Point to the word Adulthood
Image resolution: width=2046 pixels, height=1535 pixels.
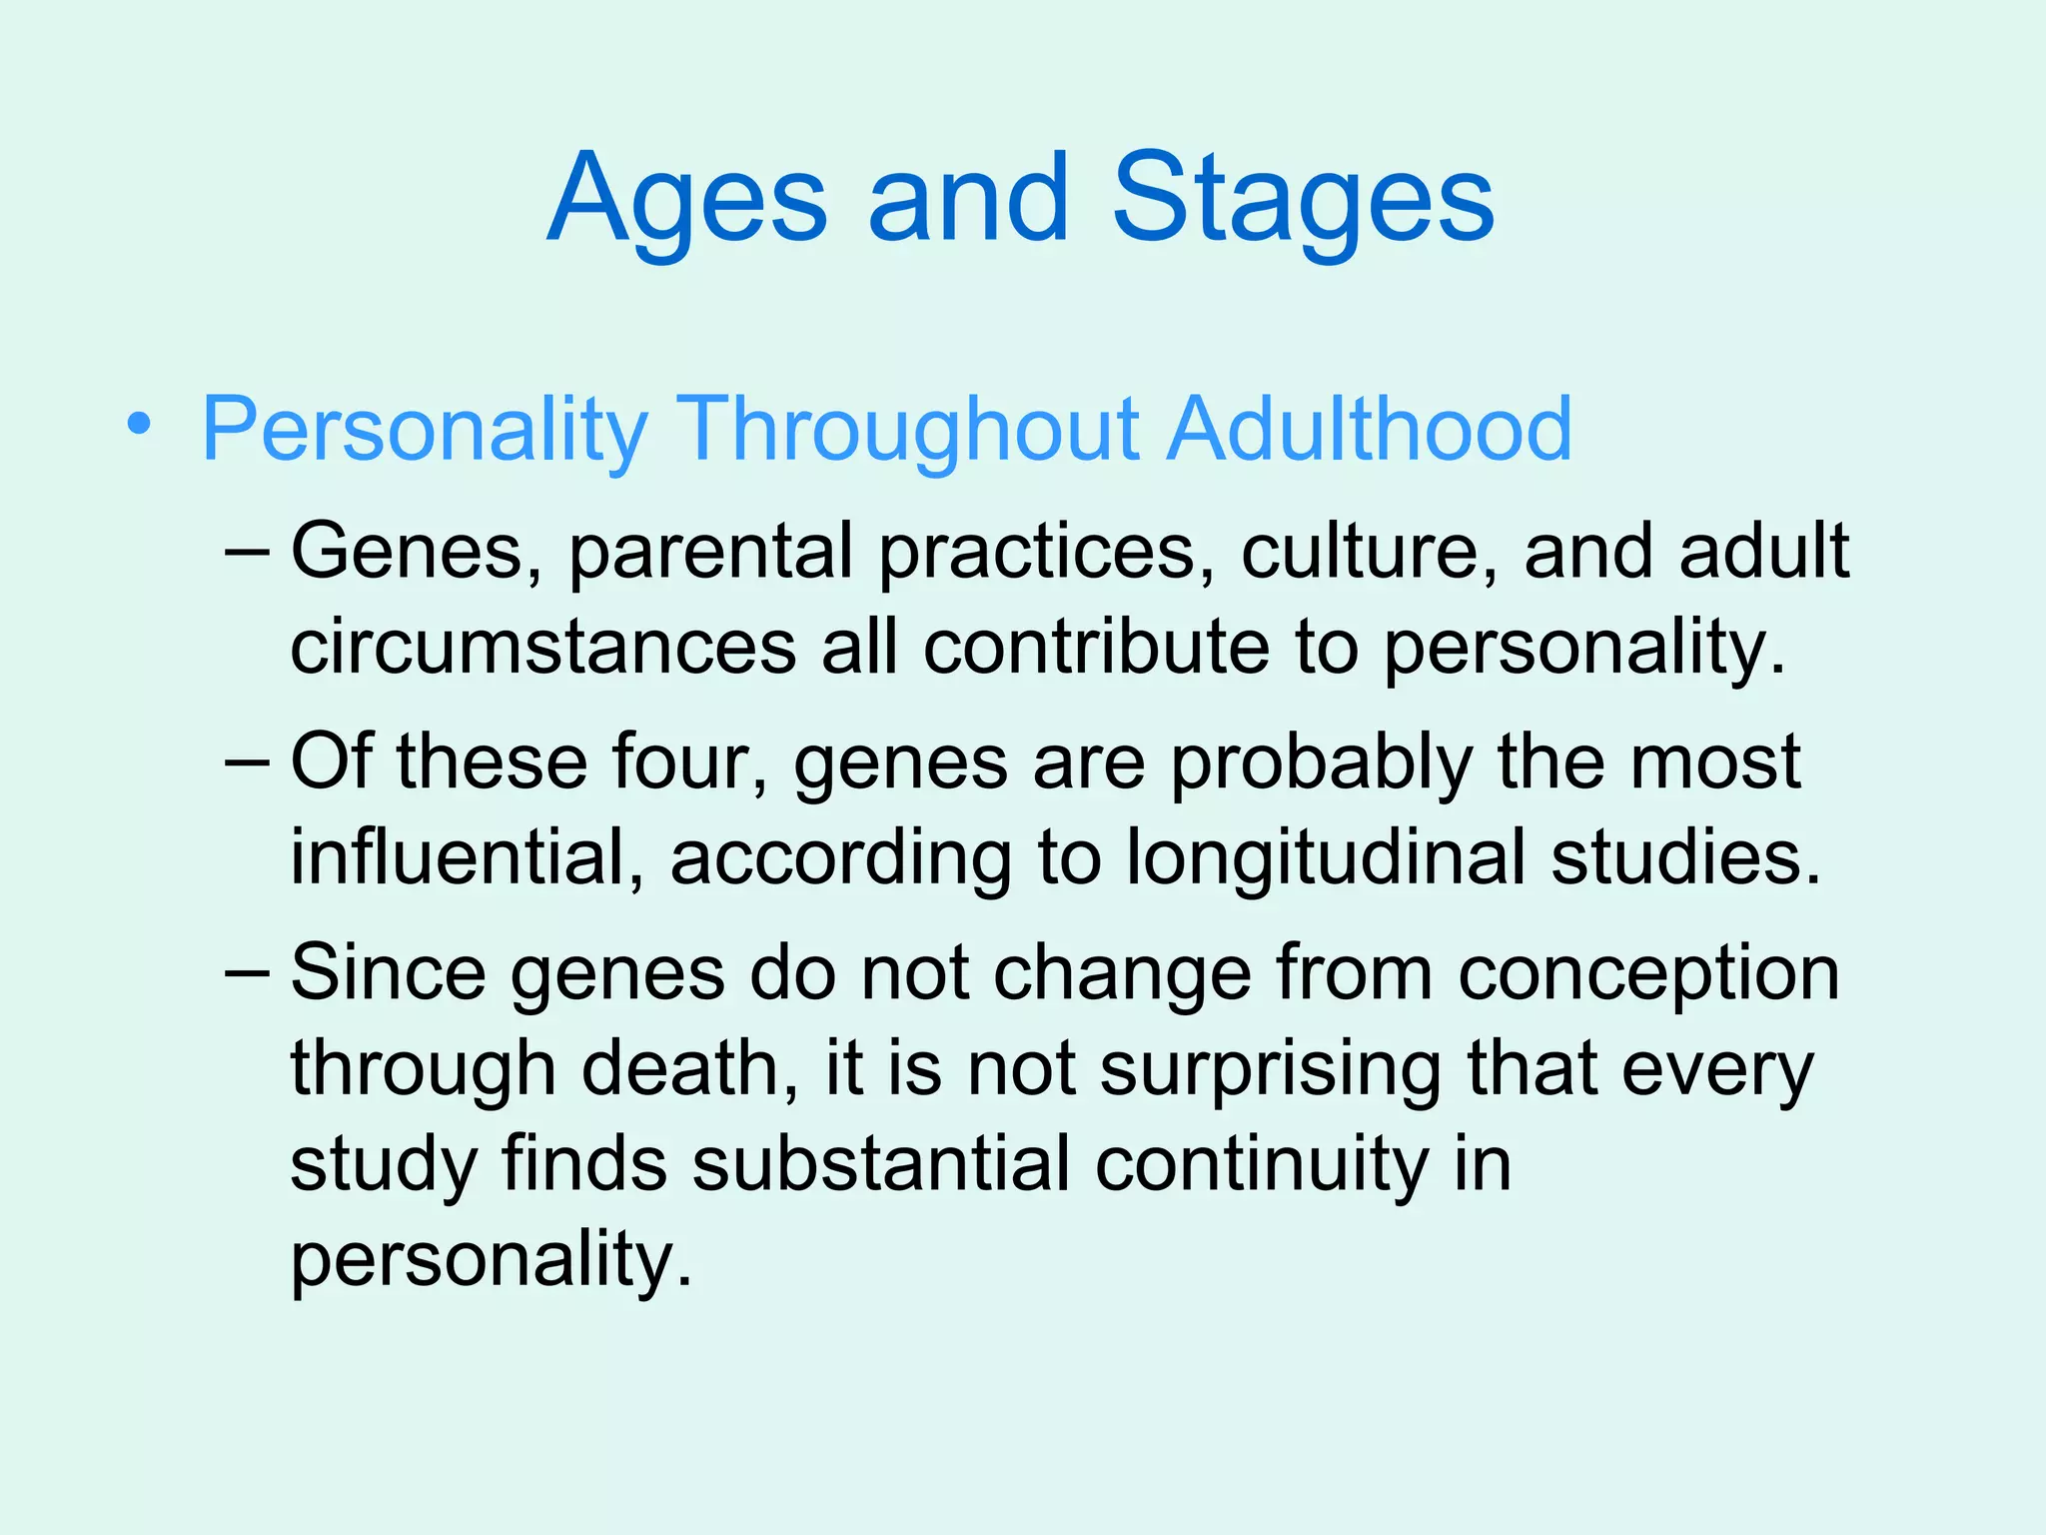1371,430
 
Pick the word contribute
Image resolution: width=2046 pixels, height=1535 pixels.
1096,648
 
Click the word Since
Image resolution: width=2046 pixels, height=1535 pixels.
388,972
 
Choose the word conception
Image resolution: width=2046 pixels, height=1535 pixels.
1648,974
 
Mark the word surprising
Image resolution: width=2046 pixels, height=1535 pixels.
1271,1069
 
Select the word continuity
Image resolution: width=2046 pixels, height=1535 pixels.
1262,1165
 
